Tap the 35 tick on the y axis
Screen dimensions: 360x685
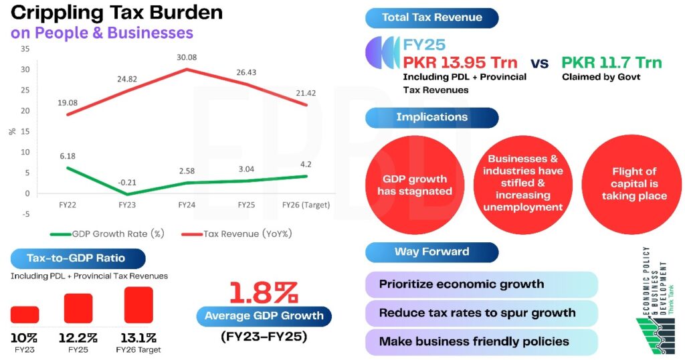coord(25,49)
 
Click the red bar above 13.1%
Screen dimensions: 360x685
coord(138,305)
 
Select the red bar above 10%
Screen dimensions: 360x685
coord(25,314)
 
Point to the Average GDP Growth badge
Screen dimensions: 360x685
coord(264,316)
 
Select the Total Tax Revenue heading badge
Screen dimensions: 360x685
coord(431,18)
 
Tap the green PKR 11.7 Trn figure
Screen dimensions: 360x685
coord(611,63)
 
